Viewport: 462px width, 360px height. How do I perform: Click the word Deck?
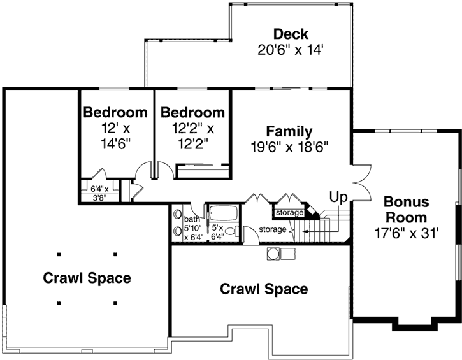[x=291, y=34]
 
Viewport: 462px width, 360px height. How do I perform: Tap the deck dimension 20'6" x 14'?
[x=291, y=49]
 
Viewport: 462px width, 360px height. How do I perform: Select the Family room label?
[x=289, y=132]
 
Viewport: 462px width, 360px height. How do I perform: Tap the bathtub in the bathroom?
[x=223, y=213]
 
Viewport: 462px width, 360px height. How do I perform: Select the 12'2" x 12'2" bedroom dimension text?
[x=192, y=136]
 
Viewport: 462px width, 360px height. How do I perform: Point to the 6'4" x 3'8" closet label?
[x=99, y=192]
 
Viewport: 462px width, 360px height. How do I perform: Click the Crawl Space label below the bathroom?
[x=263, y=289]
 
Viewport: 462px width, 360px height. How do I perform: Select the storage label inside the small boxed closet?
[x=288, y=212]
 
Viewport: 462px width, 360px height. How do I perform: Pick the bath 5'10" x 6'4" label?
[x=192, y=227]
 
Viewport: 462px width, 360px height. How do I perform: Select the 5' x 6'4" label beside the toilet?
[x=218, y=232]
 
